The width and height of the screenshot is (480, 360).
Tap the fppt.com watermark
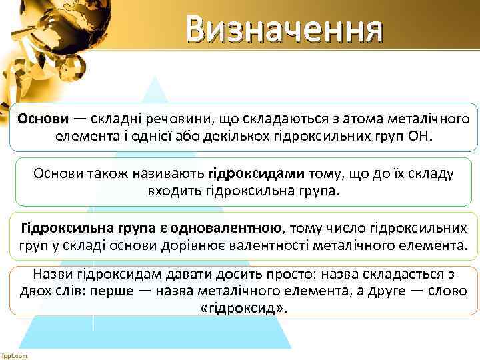[15, 355]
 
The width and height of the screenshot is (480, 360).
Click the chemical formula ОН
[417, 137]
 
